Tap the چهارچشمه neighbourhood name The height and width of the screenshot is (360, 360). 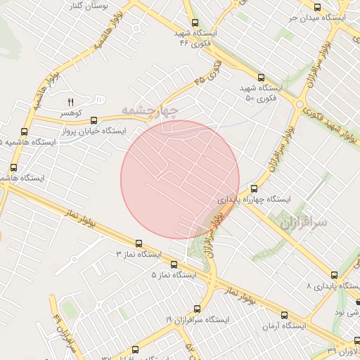[150, 110]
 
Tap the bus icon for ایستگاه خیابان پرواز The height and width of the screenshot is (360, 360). [94, 120]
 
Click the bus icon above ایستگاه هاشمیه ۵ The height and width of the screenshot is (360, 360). [25, 131]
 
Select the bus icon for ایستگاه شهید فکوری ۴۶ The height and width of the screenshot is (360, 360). [195, 22]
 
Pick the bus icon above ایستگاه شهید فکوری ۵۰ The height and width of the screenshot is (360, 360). [261, 77]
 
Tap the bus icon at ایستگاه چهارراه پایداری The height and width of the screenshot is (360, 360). [254, 188]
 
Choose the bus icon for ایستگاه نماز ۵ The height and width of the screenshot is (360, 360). [174, 264]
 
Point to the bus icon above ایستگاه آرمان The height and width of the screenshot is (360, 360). [285, 316]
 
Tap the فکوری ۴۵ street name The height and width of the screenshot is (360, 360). [209, 75]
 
